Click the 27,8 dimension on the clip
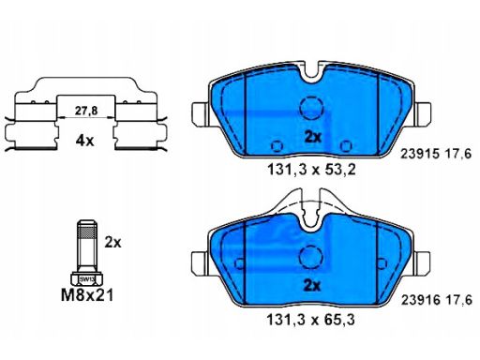pyautogui.click(x=86, y=111)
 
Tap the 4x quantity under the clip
pyautogui.click(x=84, y=142)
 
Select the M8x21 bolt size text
pyautogui.click(x=87, y=295)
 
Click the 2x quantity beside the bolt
pyautogui.click(x=112, y=242)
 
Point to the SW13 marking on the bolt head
pyautogui.click(x=86, y=279)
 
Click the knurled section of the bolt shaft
pyautogui.click(x=86, y=232)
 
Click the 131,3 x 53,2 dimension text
pyautogui.click(x=311, y=170)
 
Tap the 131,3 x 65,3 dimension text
pyautogui.click(x=311, y=320)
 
